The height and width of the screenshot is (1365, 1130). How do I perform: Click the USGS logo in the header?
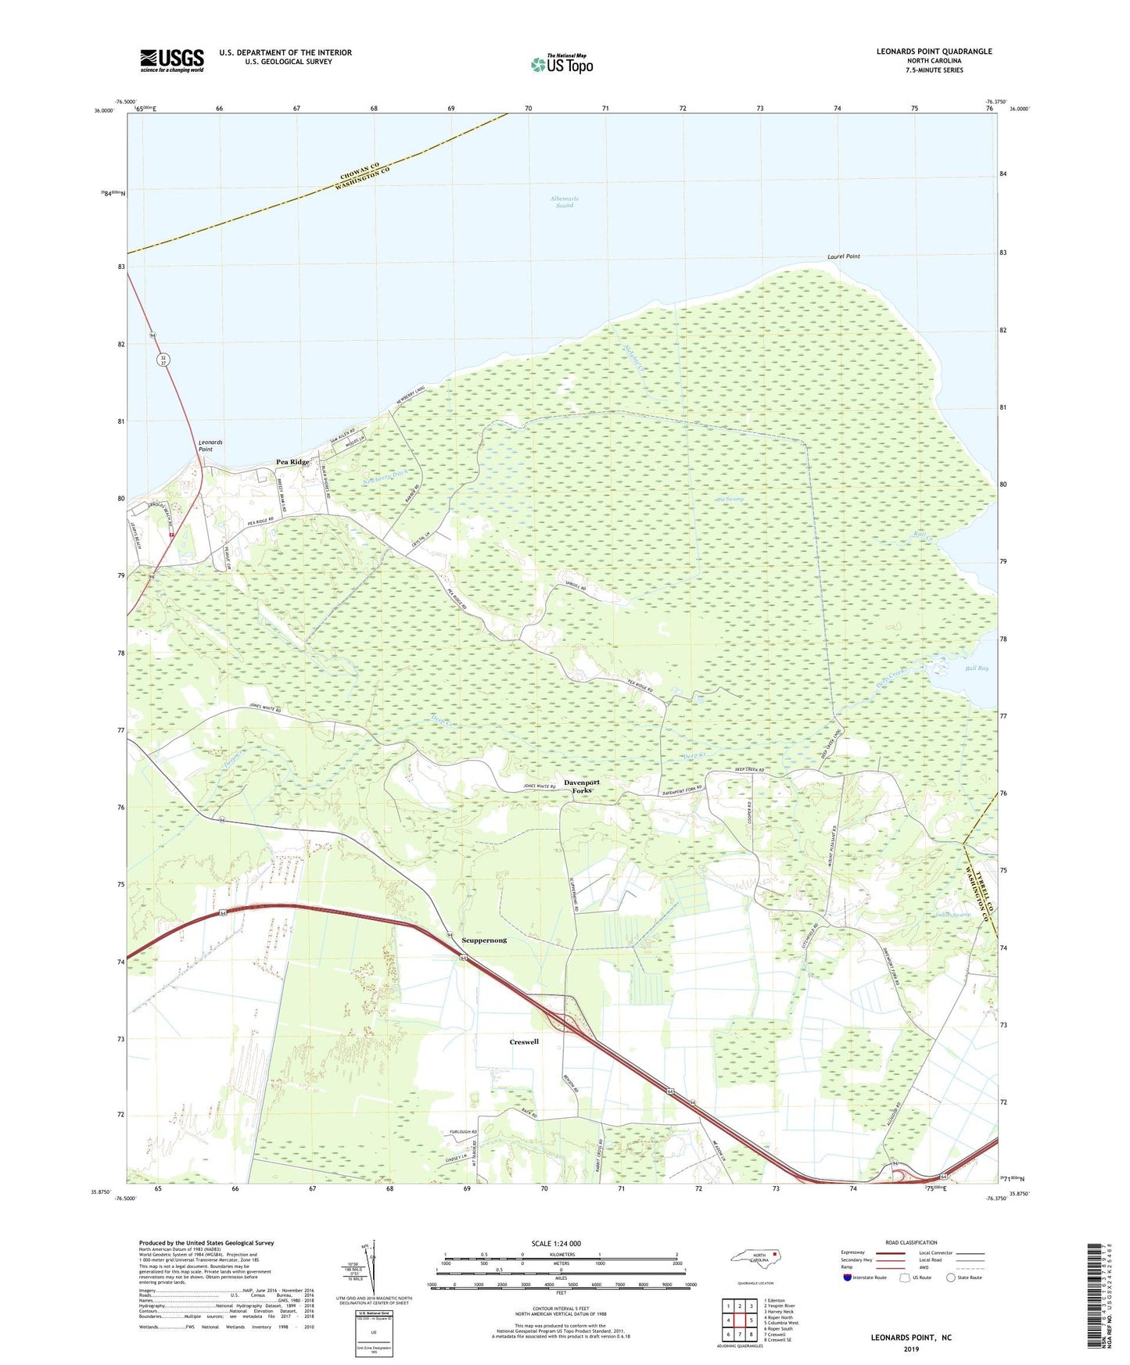pos(172,60)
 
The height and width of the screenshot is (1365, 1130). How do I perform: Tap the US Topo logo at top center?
pos(561,64)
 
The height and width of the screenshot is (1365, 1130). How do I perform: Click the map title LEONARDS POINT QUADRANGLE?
pos(934,52)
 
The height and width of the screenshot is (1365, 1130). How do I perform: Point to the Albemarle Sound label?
pos(565,202)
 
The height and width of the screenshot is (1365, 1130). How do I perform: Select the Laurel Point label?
pos(844,256)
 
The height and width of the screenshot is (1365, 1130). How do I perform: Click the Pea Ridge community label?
pos(293,462)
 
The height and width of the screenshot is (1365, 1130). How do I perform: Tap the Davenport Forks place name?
pos(582,786)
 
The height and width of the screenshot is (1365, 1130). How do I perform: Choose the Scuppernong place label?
pos(484,940)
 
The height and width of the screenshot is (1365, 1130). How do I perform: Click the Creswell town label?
pos(524,1041)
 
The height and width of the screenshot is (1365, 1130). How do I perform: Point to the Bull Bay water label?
pos(977,668)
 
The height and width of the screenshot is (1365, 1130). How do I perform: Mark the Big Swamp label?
pos(730,499)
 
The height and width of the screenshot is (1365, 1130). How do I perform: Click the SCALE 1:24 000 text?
pos(556,1243)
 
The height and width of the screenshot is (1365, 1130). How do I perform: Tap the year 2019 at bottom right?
pos(911,1349)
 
